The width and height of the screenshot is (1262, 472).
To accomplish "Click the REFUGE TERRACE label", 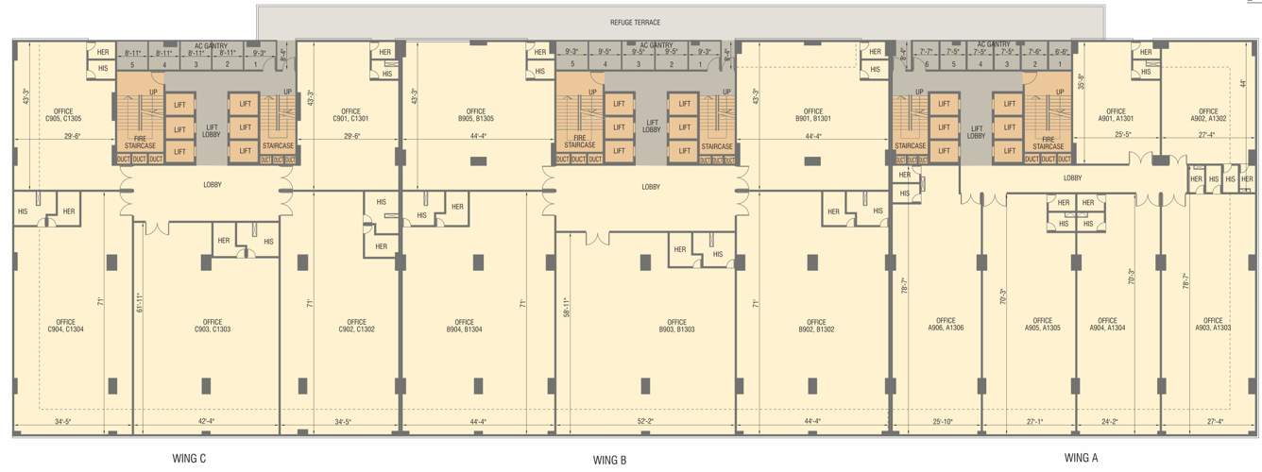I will point(635,22).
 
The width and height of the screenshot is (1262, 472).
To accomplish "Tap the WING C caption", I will point(182,458).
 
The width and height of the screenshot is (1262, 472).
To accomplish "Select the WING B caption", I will point(609,460).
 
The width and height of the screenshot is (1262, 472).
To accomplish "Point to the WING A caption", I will point(1081,458).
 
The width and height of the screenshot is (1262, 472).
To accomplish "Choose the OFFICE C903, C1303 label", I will point(213,326).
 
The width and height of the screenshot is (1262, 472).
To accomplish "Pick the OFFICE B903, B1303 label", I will point(676,326).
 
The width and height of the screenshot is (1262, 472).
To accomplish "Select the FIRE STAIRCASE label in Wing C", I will point(139,143).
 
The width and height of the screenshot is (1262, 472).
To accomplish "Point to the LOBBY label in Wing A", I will point(1072,177).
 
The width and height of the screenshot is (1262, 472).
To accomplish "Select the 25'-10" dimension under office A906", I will point(944,422).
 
